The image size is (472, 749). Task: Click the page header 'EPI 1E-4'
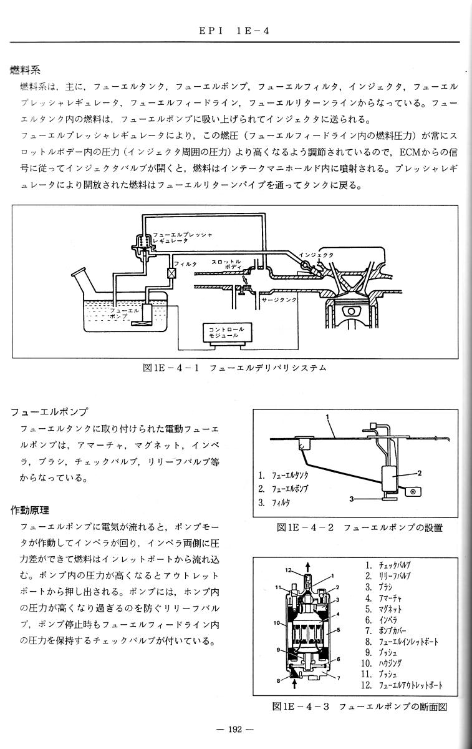[x=234, y=31]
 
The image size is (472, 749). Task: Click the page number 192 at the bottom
[x=234, y=729]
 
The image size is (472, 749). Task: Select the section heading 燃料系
[x=26, y=70]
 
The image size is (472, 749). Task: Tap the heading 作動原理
[x=30, y=511]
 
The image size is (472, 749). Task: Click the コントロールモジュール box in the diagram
[x=228, y=333]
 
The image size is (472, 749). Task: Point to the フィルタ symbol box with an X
[x=171, y=273]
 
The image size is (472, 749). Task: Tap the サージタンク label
[x=279, y=300]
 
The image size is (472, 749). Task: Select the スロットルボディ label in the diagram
[x=226, y=264]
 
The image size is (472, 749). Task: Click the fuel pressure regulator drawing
[x=143, y=248]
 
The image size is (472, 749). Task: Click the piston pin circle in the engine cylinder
[x=351, y=311]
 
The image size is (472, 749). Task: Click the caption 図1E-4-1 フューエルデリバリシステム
[x=234, y=368]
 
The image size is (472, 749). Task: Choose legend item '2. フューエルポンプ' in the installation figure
[x=283, y=489]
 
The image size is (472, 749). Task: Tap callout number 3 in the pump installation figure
[x=351, y=499]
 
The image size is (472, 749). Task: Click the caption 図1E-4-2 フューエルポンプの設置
[x=360, y=528]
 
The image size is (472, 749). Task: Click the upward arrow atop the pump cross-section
[x=307, y=567]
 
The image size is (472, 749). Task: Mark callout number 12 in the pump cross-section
[x=288, y=570]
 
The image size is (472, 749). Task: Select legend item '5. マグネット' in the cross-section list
[x=383, y=610]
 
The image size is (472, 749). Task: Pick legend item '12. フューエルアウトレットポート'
[x=402, y=685]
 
